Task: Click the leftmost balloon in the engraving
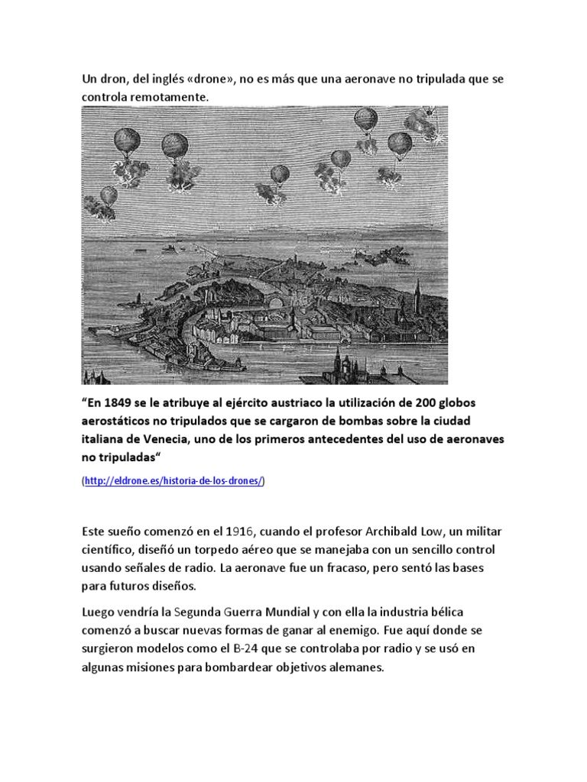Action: tap(109, 196)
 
